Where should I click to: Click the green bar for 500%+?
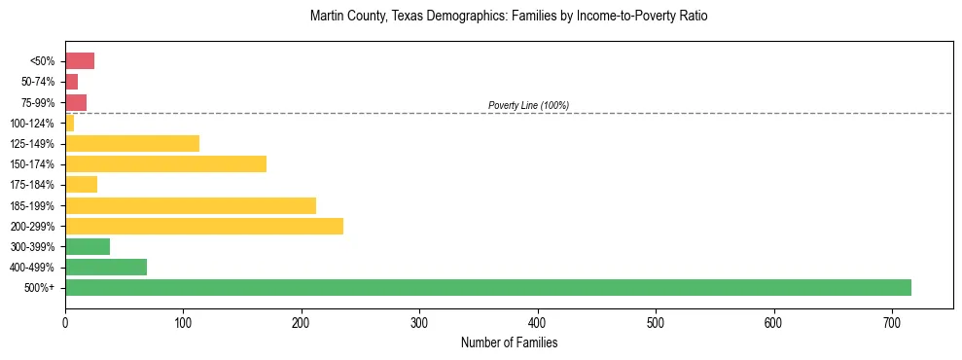click(487, 287)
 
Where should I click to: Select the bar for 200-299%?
click(204, 226)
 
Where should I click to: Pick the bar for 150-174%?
click(165, 163)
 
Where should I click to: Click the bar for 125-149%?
click(132, 143)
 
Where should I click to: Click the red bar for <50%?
click(80, 61)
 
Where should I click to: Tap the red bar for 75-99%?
click(76, 102)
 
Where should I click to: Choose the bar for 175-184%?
click(81, 184)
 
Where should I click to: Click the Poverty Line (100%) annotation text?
click(528, 105)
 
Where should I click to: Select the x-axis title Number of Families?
click(509, 342)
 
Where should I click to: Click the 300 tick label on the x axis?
click(419, 322)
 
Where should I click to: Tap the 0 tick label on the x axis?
click(65, 322)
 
